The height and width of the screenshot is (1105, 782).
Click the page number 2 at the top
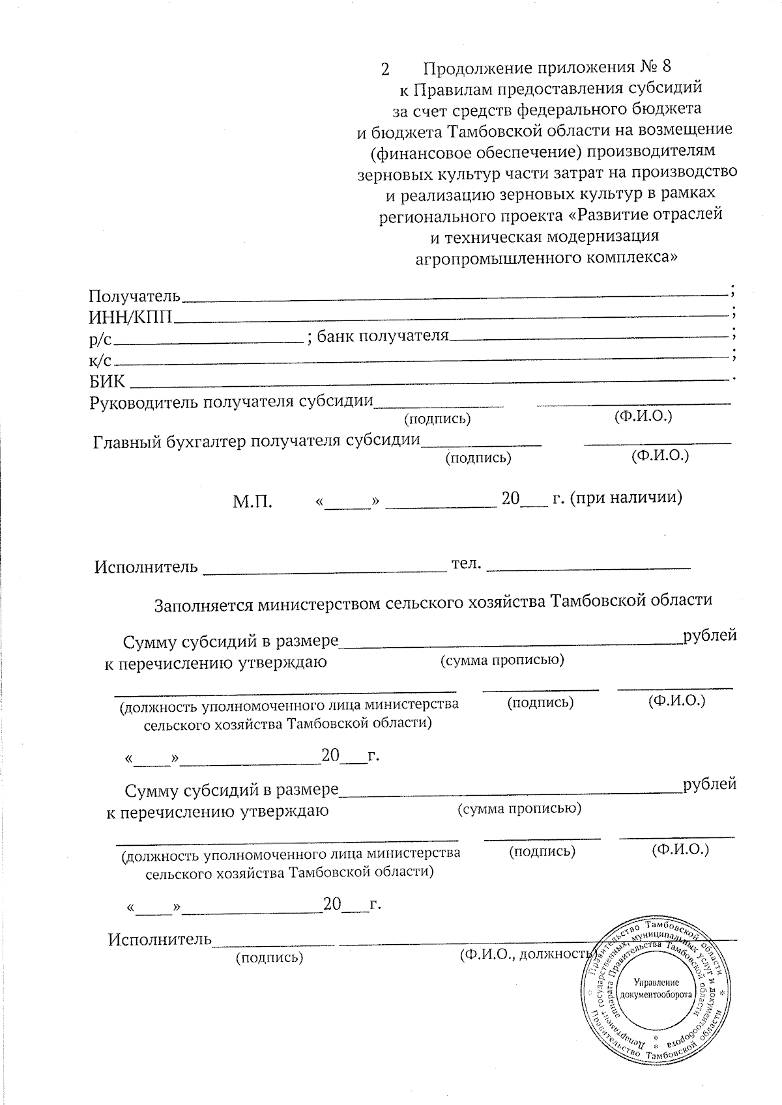(x=384, y=69)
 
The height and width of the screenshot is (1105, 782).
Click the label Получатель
(x=134, y=296)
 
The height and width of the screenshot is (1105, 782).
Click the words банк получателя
(x=383, y=336)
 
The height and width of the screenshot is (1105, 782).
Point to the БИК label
(x=108, y=381)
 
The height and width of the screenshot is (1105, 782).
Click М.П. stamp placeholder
(x=253, y=502)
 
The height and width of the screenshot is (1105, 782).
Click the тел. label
(x=467, y=563)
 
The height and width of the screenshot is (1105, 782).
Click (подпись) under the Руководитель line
(x=437, y=419)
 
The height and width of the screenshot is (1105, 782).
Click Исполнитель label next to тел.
(x=146, y=566)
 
